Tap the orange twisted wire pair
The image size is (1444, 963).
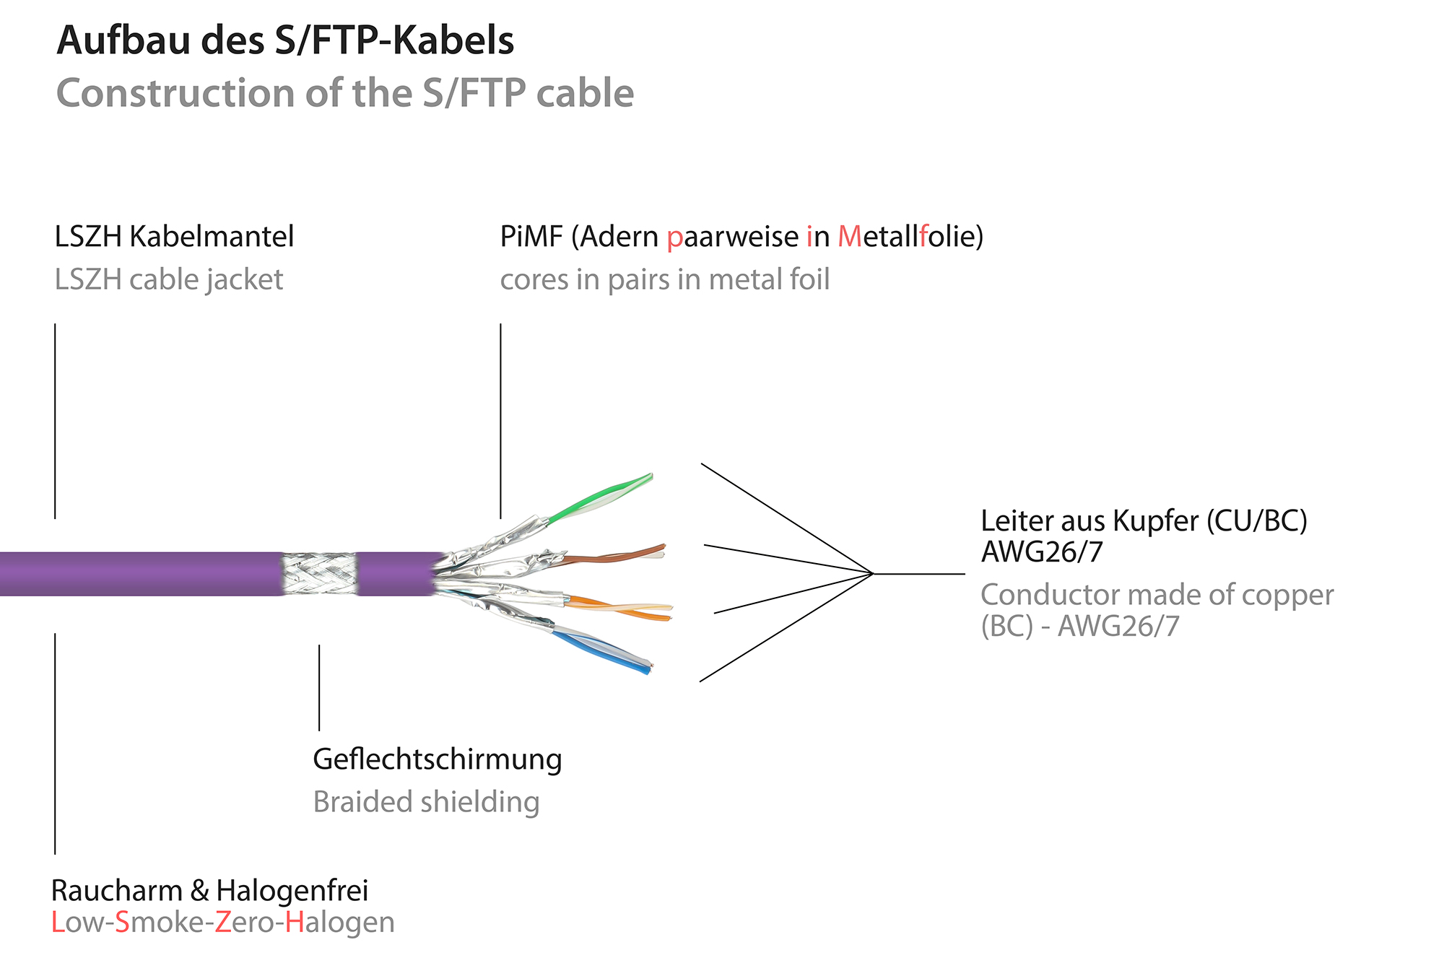[x=621, y=609]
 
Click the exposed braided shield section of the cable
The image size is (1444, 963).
[x=319, y=574]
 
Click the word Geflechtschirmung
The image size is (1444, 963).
[x=437, y=759]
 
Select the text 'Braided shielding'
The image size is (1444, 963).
[x=426, y=802]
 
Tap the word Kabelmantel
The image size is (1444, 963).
[x=212, y=237]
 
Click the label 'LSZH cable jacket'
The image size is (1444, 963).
[x=169, y=279]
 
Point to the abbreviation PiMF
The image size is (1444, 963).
[x=531, y=237]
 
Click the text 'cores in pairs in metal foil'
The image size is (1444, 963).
[x=664, y=279]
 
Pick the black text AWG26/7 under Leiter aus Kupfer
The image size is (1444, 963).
[x=1041, y=552]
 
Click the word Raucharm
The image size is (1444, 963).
[x=116, y=891]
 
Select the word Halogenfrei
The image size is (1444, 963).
[x=292, y=891]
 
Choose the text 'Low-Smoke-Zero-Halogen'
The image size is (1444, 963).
[x=222, y=923]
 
